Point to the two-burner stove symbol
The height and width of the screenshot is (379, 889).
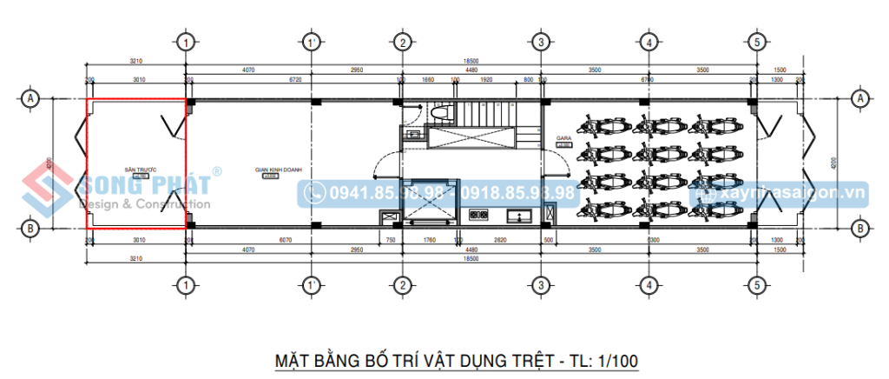click(478, 214)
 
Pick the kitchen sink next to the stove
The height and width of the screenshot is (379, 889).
click(524, 214)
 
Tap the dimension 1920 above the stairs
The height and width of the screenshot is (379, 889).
click(486, 80)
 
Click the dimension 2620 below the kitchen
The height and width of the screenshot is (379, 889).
click(501, 240)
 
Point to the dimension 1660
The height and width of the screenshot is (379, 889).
click(428, 80)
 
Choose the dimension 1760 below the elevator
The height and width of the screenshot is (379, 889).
click(427, 240)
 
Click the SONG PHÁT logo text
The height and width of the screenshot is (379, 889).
click(143, 185)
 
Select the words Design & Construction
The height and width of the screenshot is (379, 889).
click(144, 204)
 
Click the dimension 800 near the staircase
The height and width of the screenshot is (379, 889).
click(529, 80)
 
